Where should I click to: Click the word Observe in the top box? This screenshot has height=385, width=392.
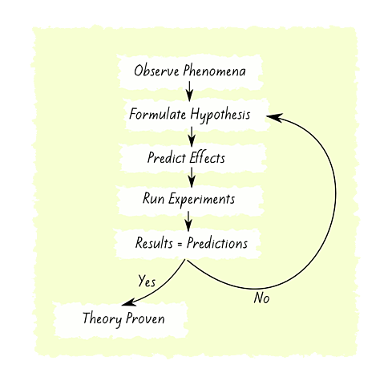point(156,73)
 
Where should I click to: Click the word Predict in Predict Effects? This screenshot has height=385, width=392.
point(167,158)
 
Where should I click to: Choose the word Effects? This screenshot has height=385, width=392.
point(208,158)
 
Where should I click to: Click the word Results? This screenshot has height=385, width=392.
point(154,243)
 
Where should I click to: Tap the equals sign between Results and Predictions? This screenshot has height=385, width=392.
point(181,243)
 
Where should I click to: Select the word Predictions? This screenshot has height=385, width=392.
point(217,243)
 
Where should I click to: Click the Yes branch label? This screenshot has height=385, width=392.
point(147,282)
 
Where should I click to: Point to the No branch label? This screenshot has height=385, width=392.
point(261,298)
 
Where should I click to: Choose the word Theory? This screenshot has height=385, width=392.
point(102,319)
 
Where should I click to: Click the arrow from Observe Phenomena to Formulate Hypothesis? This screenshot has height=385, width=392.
point(190,94)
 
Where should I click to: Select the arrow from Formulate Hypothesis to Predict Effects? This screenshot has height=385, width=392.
point(190,136)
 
